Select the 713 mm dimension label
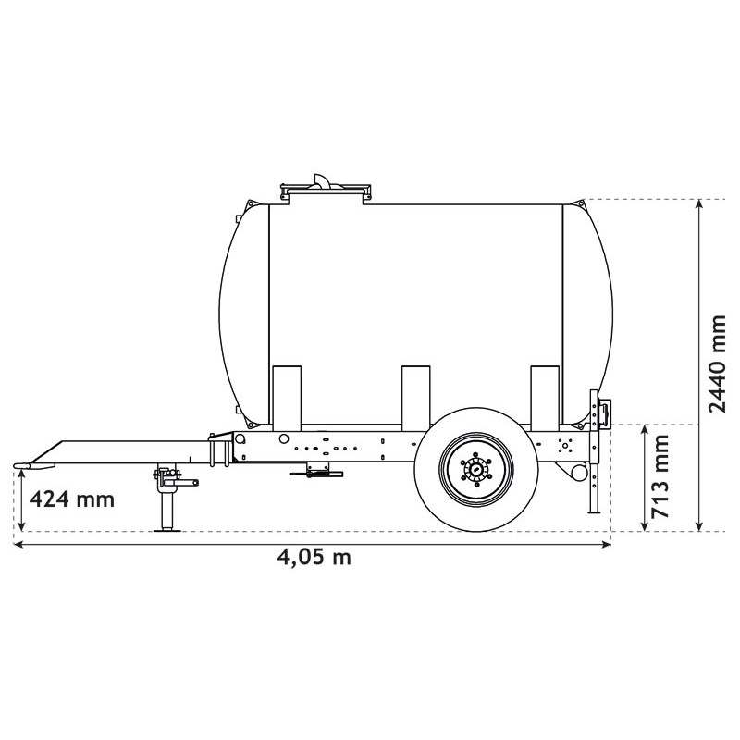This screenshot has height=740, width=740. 660,477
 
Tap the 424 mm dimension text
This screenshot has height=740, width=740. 72,499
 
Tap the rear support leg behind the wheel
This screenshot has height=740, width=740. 592,490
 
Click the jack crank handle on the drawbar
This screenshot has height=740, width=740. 190,481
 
